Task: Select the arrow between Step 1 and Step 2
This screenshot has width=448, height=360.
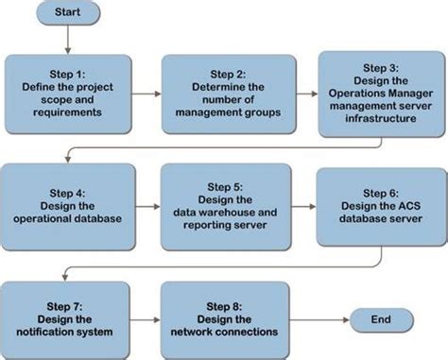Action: [x=145, y=94]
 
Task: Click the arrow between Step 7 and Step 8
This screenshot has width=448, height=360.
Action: [x=145, y=319]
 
